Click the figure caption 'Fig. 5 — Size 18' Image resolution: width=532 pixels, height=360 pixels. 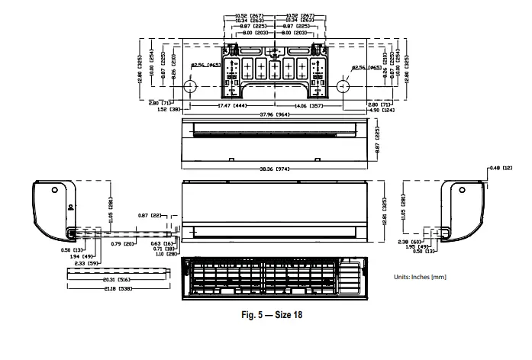266,315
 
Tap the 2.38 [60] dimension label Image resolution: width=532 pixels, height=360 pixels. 414,242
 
